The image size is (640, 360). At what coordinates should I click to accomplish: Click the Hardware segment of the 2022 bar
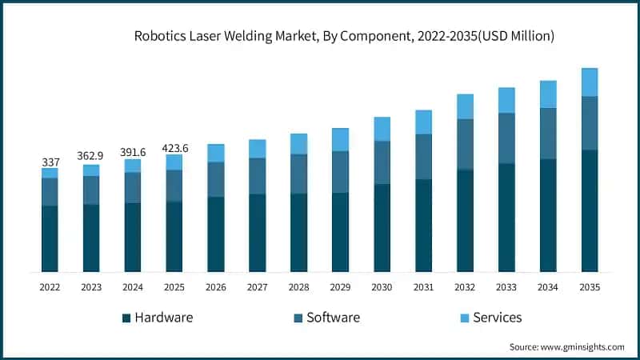(50, 238)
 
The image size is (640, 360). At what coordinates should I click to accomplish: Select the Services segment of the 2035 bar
(590, 82)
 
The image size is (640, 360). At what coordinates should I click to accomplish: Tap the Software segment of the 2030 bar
(382, 162)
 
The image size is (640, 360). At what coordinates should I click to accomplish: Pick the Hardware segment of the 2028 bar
(299, 232)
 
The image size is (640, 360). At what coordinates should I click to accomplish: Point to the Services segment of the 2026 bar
(216, 153)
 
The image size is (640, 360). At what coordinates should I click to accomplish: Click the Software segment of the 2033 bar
(506, 138)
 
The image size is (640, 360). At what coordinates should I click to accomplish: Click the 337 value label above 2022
(50, 162)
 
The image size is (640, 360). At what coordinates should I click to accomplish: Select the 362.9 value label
(91, 157)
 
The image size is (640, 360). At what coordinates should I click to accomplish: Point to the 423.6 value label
(174, 147)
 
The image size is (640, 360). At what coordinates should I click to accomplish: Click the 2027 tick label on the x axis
(258, 286)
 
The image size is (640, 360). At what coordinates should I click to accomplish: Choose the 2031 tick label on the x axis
(423, 286)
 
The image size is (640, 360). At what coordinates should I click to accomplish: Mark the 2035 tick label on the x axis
(590, 286)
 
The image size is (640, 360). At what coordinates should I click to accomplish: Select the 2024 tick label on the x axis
(133, 286)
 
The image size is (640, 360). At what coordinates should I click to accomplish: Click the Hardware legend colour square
(126, 318)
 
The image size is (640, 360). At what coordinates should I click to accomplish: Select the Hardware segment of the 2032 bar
(465, 220)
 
